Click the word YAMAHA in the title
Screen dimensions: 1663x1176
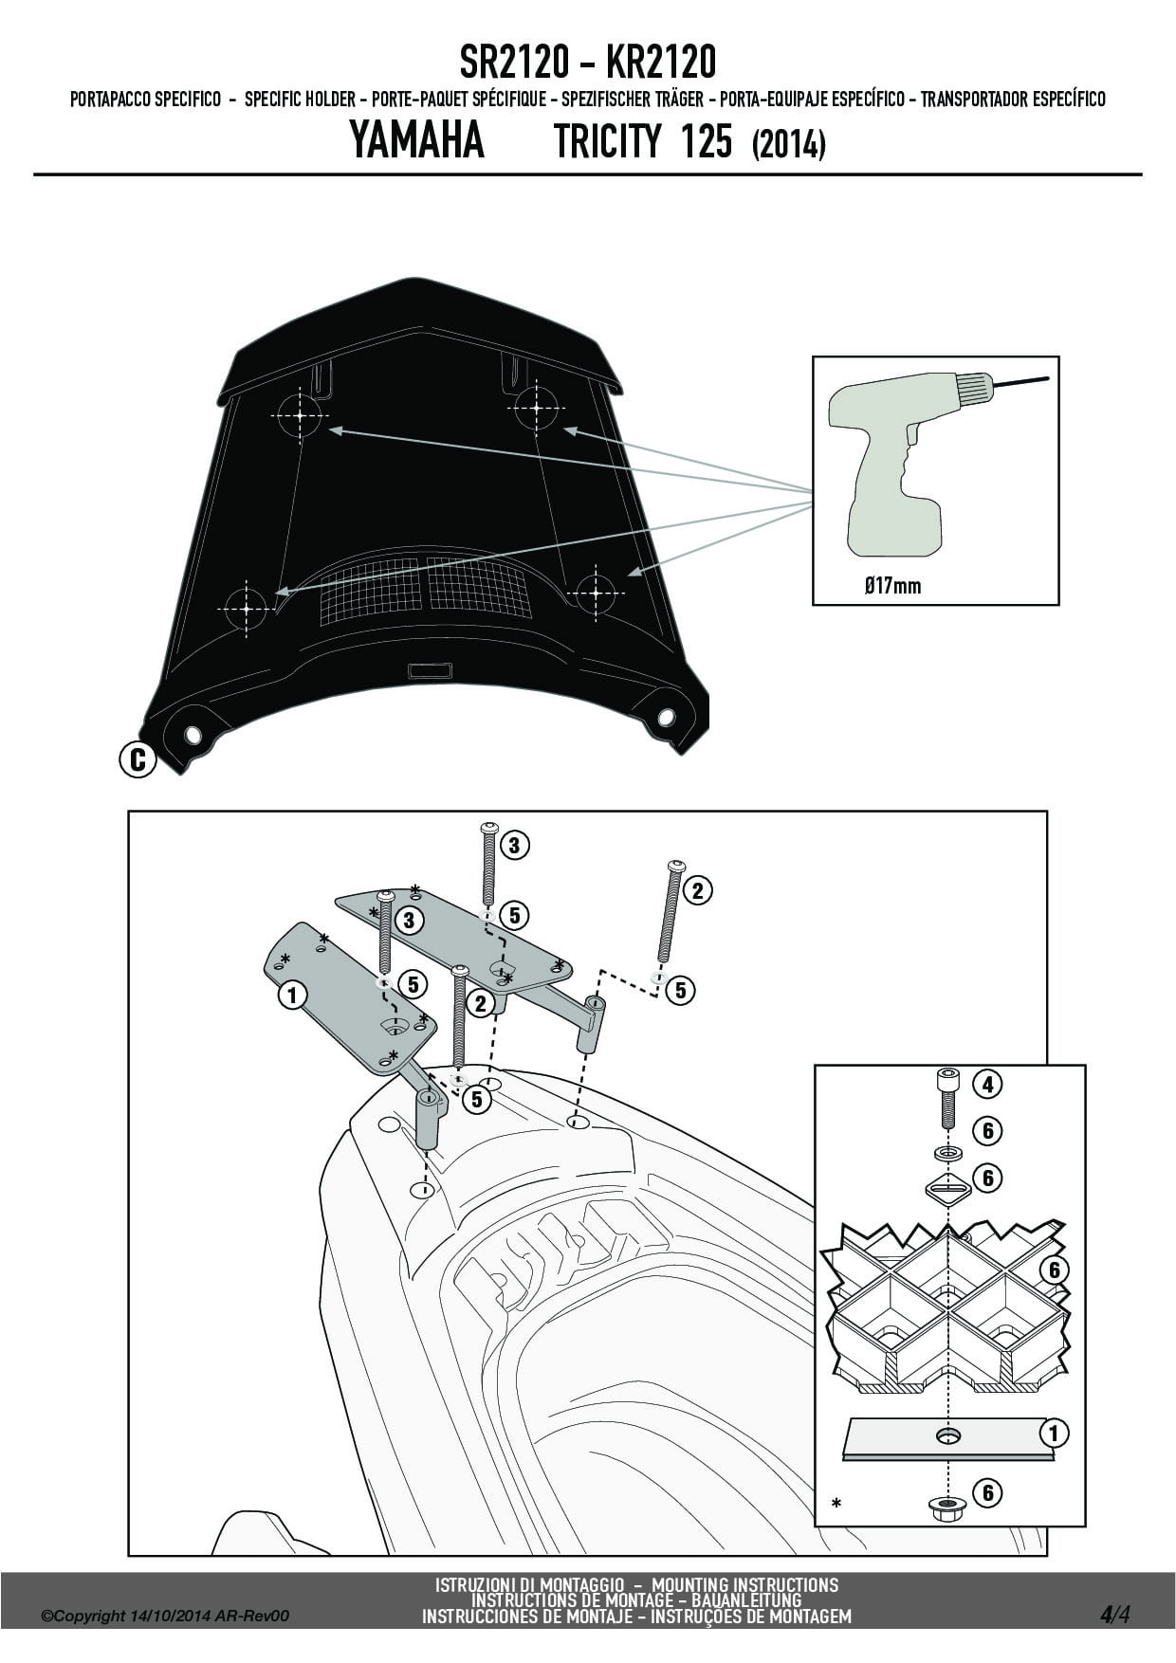point(417,141)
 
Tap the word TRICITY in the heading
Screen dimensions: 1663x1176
point(606,141)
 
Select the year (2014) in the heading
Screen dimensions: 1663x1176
point(788,144)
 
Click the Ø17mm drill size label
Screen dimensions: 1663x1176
point(892,585)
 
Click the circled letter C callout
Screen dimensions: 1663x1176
point(138,759)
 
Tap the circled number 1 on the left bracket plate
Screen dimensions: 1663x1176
point(293,995)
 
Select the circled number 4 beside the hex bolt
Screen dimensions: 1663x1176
point(987,1084)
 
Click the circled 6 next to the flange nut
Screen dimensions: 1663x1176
point(987,1493)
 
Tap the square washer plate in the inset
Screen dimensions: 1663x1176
point(946,1188)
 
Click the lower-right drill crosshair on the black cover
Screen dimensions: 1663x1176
point(597,594)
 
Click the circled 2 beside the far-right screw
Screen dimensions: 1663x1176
point(697,890)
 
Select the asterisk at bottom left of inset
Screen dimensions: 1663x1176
point(836,1504)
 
